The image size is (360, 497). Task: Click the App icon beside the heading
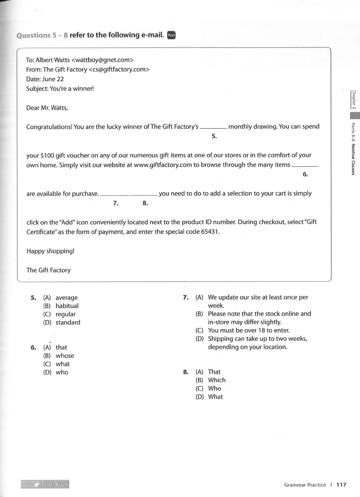pos(171,35)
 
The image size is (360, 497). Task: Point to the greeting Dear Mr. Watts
pos(47,107)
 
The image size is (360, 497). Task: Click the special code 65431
pos(211,232)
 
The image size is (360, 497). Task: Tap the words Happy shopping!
pos(50,251)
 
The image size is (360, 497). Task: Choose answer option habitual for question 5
pos(67,306)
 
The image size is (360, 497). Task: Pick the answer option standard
pos(68,322)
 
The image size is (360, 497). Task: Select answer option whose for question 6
pos(65,356)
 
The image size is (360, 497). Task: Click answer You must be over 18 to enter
pos(249,330)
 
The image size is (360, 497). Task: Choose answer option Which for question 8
pos(217,380)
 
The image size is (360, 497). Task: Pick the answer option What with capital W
pos(215,397)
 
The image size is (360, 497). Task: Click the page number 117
pos(342,485)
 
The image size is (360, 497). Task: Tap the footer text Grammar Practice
pos(305,485)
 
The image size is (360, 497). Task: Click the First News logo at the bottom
pos(45,484)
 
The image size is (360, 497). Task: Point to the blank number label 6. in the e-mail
pos(305,174)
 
